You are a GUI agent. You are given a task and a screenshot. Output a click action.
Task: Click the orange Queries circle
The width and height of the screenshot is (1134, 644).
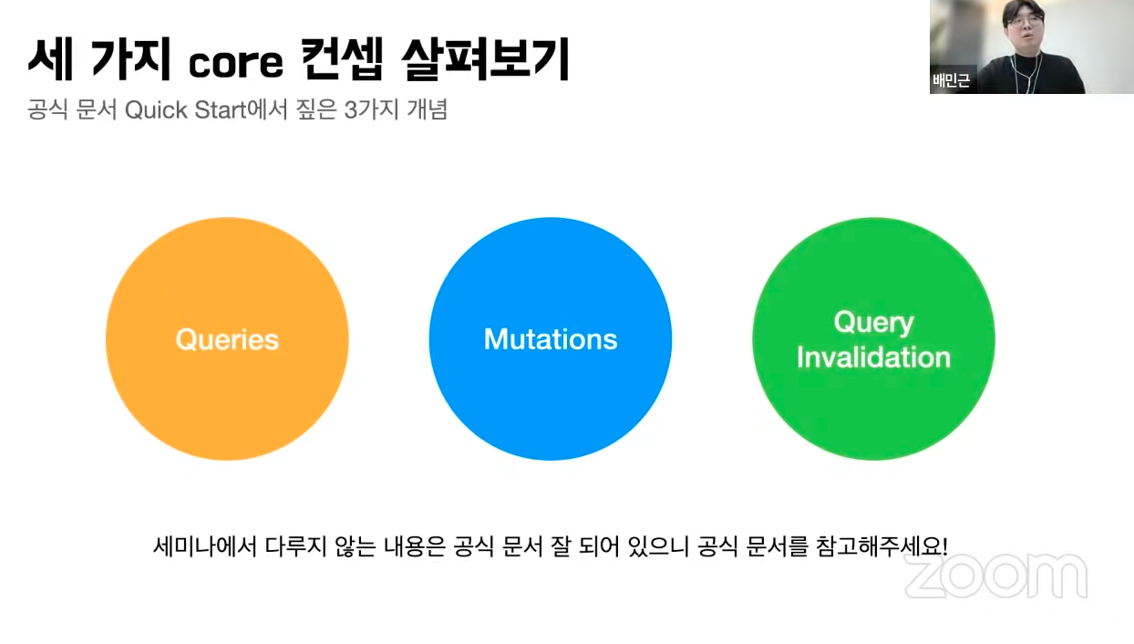pyautogui.click(x=227, y=338)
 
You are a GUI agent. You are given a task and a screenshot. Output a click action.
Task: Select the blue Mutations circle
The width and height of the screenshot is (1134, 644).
pyautogui.click(x=551, y=338)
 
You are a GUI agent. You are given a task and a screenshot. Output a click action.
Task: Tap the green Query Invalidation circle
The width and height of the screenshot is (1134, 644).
pyautogui.click(x=874, y=338)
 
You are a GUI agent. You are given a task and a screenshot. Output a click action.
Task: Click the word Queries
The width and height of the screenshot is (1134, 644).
pyautogui.click(x=227, y=339)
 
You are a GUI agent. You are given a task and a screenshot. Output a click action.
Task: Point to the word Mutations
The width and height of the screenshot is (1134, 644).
pyautogui.click(x=551, y=339)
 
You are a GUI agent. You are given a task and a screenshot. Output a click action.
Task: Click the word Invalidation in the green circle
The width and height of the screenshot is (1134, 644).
pyautogui.click(x=874, y=358)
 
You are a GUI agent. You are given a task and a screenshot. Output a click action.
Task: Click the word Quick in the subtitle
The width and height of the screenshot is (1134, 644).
pyautogui.click(x=156, y=110)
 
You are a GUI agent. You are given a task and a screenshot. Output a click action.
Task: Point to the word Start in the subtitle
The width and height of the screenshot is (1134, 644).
pyautogui.click(x=221, y=110)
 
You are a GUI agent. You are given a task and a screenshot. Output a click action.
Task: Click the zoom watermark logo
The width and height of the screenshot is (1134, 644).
pyautogui.click(x=995, y=576)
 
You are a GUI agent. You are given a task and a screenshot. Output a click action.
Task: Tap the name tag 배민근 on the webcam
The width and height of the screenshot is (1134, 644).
pyautogui.click(x=952, y=80)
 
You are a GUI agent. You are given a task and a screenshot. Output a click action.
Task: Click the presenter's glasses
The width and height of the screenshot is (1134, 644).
pyautogui.click(x=1024, y=21)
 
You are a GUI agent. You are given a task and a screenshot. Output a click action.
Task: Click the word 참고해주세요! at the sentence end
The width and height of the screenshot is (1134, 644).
pyautogui.click(x=881, y=546)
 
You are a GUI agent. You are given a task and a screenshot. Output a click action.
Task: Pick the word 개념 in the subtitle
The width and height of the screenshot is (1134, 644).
pyautogui.click(x=428, y=109)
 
